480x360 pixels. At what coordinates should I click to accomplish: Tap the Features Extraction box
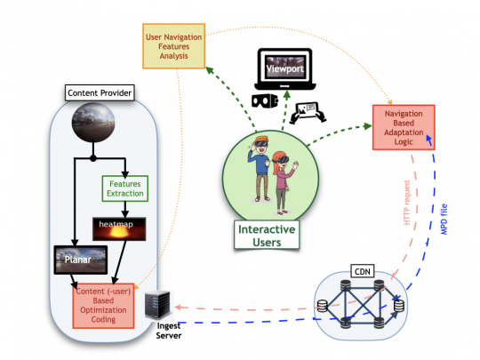[x=122, y=188]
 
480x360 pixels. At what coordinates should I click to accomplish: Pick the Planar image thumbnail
[x=81, y=260]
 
